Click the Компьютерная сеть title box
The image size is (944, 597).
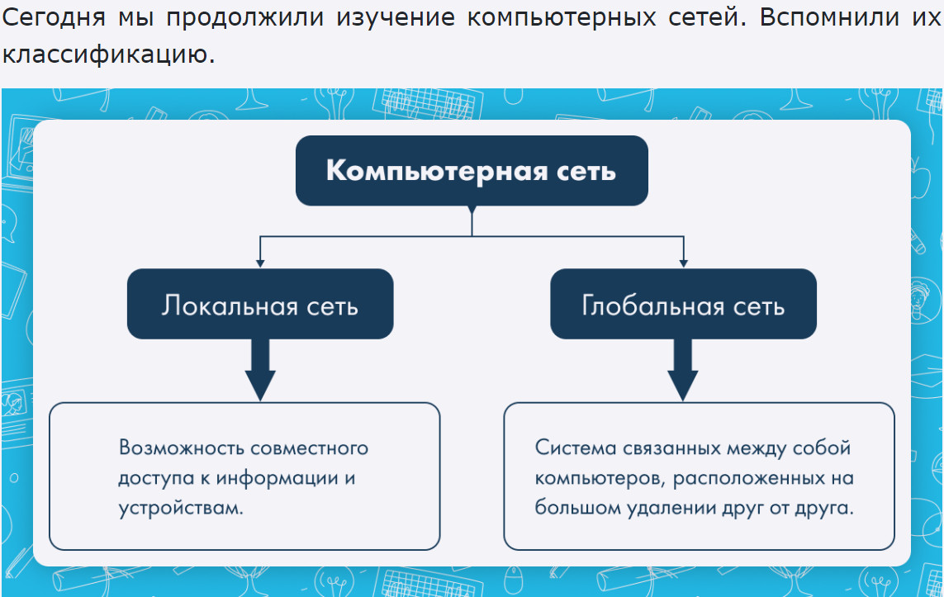pyautogui.click(x=472, y=171)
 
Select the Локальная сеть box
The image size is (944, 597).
pyautogui.click(x=260, y=304)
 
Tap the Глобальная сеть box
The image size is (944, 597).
pyautogui.click(x=683, y=304)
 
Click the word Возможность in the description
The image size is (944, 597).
pyautogui.click(x=181, y=448)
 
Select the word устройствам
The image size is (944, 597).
pyautogui.click(x=181, y=508)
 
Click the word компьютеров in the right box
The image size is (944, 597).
pyautogui.click(x=600, y=478)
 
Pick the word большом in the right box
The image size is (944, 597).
pyautogui.click(x=577, y=507)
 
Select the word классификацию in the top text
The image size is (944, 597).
pyautogui.click(x=108, y=54)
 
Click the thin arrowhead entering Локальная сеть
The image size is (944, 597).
pyautogui.click(x=260, y=263)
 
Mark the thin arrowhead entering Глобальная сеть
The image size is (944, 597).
pyautogui.click(x=683, y=263)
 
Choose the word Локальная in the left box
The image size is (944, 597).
pyautogui.click(x=230, y=306)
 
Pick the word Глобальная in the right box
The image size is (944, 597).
pyautogui.click(x=652, y=306)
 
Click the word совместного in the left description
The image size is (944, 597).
pyautogui.click(x=310, y=448)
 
